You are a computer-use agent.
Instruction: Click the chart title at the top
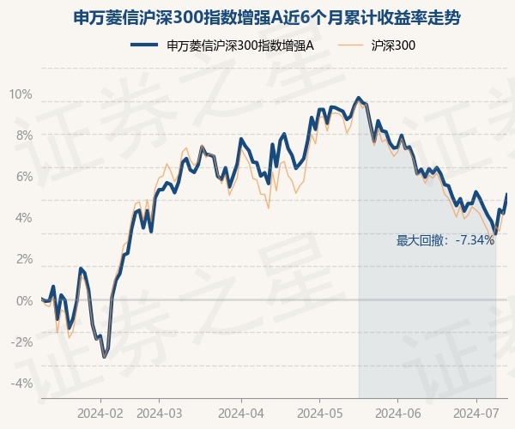pyautogui.click(x=266, y=18)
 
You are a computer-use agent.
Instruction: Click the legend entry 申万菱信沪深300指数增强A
pyautogui.click(x=222, y=45)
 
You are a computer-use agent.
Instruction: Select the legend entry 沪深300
pyautogui.click(x=377, y=45)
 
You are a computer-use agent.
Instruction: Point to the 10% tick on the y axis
pyautogui.click(x=21, y=94)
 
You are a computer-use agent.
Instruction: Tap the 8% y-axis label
pyautogui.click(x=24, y=136)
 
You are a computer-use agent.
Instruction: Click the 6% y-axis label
pyautogui.click(x=24, y=177)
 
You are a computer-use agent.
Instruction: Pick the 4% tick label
pyautogui.click(x=24, y=218)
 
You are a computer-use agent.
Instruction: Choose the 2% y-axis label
pyautogui.click(x=24, y=259)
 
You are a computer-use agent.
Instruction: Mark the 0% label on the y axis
pyautogui.click(x=24, y=300)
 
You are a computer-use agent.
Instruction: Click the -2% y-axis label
pyautogui.click(x=21, y=341)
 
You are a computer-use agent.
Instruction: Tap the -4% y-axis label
pyautogui.click(x=21, y=383)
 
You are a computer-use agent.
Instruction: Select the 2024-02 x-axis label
pyautogui.click(x=100, y=414)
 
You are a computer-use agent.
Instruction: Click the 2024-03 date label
pyautogui.click(x=160, y=414)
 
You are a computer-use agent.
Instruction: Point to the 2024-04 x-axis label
pyautogui.click(x=241, y=414)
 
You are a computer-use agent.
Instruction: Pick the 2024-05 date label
pyautogui.click(x=319, y=414)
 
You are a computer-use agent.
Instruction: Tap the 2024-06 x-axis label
pyautogui.click(x=397, y=414)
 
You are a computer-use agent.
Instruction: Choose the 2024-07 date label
pyautogui.click(x=476, y=414)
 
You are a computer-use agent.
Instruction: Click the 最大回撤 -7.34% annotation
pyautogui.click(x=445, y=240)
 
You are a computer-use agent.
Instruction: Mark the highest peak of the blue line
pyautogui.click(x=358, y=98)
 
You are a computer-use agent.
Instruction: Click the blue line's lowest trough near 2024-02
pyautogui.click(x=105, y=357)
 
